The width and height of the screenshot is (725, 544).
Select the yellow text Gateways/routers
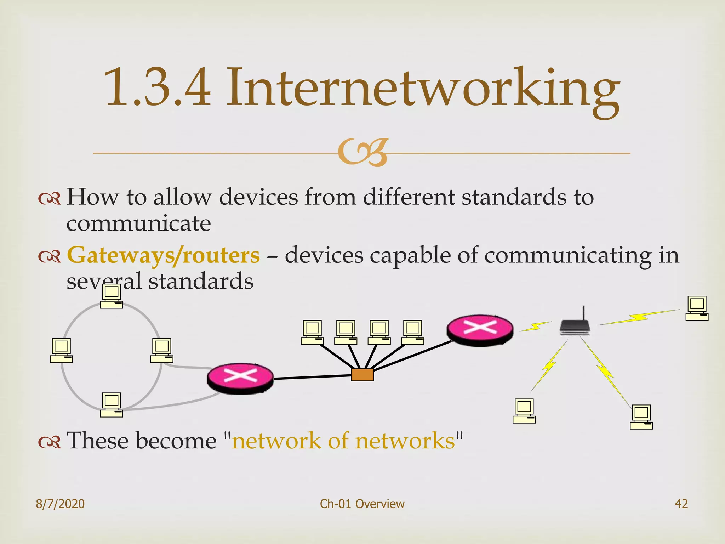163,255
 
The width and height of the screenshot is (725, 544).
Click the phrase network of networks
343,441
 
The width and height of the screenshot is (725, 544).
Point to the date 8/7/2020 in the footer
60,504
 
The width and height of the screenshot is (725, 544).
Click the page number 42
681,504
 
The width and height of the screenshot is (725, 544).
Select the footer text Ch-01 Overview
362,504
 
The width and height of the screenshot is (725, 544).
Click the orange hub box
362,375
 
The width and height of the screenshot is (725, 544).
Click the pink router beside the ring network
240,378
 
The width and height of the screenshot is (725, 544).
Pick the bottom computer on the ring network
112,405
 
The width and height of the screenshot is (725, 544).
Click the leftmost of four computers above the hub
312,332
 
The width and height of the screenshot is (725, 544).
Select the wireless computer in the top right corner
697,308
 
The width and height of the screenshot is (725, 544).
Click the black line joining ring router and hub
312,377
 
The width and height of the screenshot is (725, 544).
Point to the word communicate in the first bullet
139,224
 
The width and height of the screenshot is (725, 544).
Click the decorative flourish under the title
362,153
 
